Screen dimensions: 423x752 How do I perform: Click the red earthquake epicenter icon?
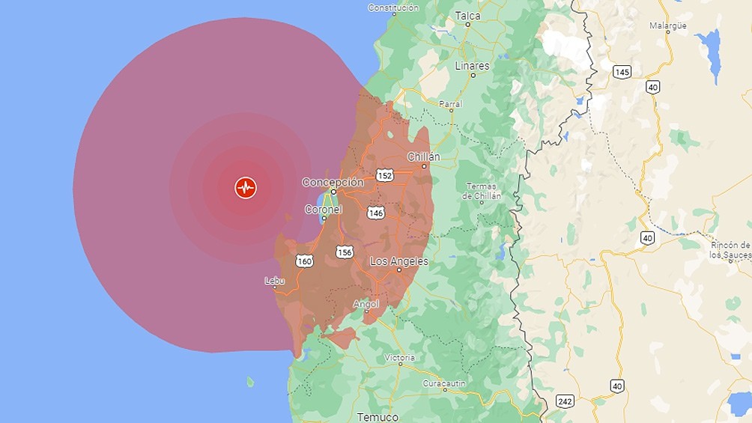point(246,187)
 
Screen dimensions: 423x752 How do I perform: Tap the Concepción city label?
point(333,182)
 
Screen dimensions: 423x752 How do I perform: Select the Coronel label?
point(323,210)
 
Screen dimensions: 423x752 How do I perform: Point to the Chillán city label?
point(423,156)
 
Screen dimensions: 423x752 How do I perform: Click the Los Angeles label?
point(399,261)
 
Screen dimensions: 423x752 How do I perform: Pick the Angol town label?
point(366,304)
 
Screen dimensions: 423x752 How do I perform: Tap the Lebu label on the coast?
point(274,281)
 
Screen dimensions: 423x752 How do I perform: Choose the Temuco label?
point(377,416)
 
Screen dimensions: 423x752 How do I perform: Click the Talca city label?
point(468,15)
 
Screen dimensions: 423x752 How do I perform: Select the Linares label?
point(472,66)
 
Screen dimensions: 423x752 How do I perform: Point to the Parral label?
point(450,104)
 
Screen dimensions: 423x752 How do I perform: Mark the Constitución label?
point(393,7)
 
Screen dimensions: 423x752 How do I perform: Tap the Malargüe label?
point(668,25)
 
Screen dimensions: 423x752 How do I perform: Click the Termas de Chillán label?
point(482,191)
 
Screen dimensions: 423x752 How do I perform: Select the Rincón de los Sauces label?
point(730,250)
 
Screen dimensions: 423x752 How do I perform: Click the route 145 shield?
point(621,72)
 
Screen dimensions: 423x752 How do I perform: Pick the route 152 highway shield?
point(385,175)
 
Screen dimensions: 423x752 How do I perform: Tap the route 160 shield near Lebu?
point(304,261)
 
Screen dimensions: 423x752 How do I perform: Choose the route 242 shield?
point(565,401)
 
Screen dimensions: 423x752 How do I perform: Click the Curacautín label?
point(444,383)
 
